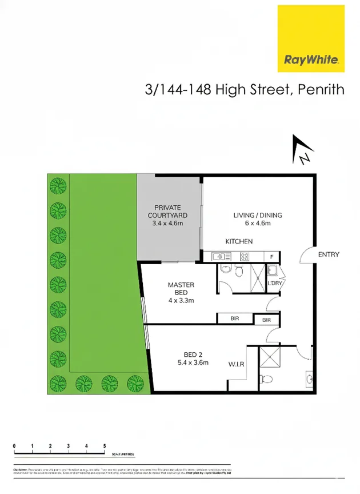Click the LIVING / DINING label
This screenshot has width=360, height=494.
257,216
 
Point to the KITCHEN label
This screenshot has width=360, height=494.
239,242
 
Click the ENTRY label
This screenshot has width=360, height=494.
329,254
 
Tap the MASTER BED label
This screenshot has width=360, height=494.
181,288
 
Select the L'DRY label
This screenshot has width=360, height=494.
275,284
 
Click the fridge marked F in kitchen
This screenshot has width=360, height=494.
271,257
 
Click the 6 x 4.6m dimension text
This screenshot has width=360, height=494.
257,224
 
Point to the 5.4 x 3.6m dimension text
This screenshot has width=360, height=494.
192,362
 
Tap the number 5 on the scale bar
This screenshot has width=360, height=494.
105,445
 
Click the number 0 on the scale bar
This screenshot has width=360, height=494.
14,445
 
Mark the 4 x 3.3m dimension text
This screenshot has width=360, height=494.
181,300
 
